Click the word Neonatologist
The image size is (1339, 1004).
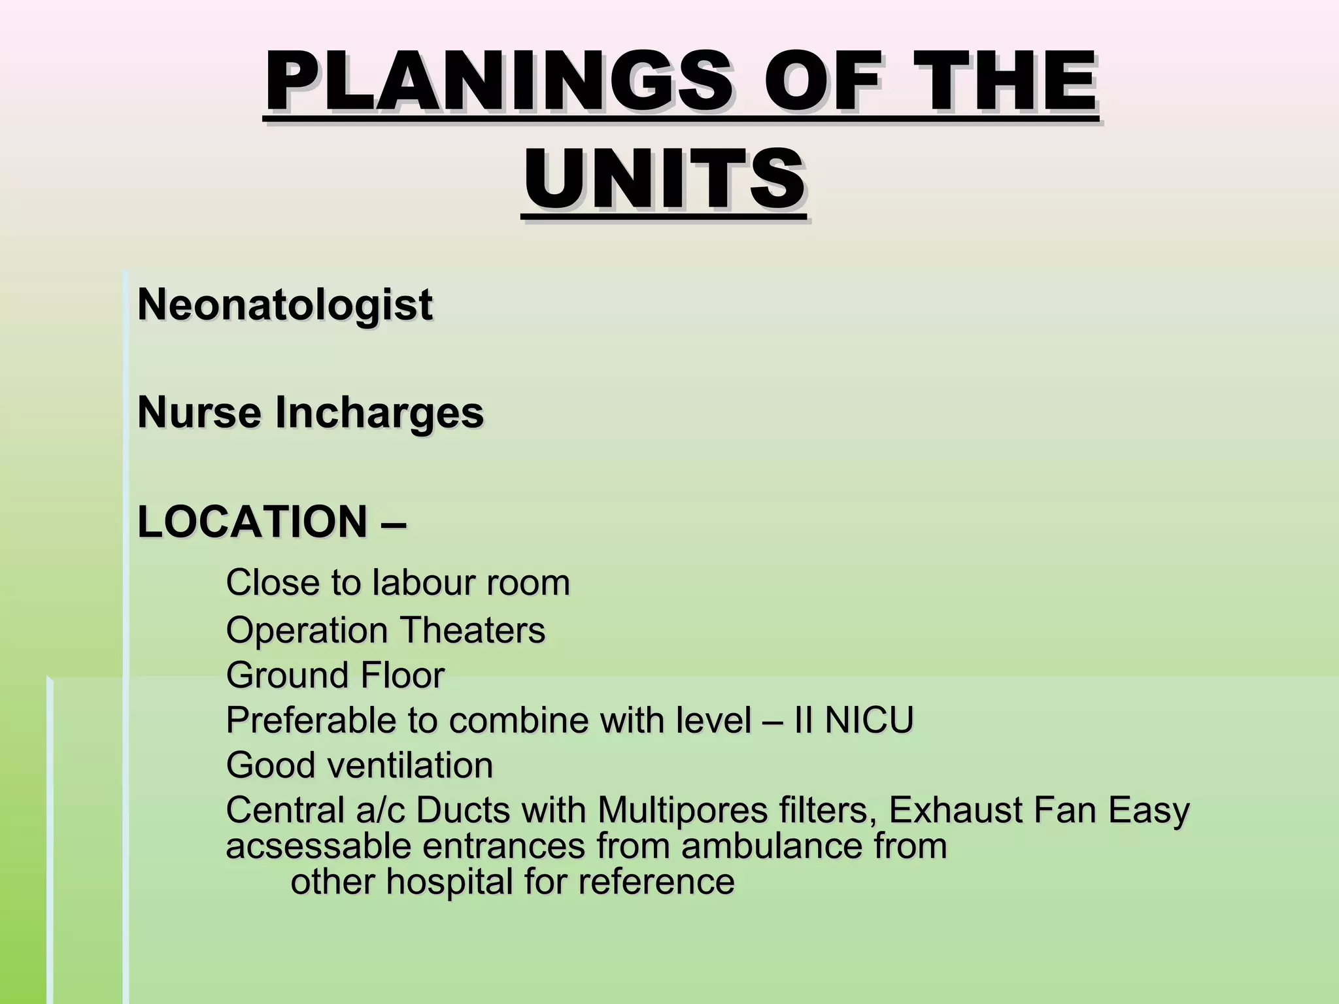click(284, 305)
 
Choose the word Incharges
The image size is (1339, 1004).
click(379, 414)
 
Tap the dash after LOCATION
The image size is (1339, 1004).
click(392, 523)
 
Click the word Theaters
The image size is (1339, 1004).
click(473, 631)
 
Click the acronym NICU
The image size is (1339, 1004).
click(869, 720)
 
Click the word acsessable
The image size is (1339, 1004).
click(318, 846)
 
